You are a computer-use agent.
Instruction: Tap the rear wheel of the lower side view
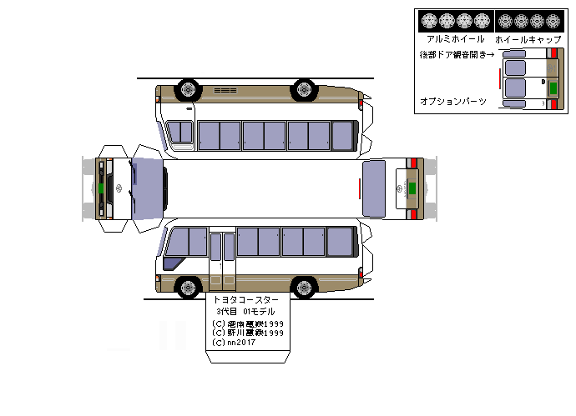click(x=305, y=288)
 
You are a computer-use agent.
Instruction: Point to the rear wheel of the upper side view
click(x=305, y=88)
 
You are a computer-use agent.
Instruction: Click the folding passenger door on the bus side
click(x=222, y=258)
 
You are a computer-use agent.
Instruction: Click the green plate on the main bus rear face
click(x=410, y=188)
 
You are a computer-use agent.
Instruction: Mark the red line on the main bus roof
click(x=360, y=189)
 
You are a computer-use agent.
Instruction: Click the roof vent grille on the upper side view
click(x=225, y=88)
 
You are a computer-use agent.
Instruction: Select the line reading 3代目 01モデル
click(x=245, y=312)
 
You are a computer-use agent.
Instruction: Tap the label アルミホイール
click(x=455, y=38)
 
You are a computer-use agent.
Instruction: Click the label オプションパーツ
click(x=452, y=101)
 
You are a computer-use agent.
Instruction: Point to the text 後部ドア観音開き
click(x=456, y=54)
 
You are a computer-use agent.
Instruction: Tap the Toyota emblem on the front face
click(x=117, y=188)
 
